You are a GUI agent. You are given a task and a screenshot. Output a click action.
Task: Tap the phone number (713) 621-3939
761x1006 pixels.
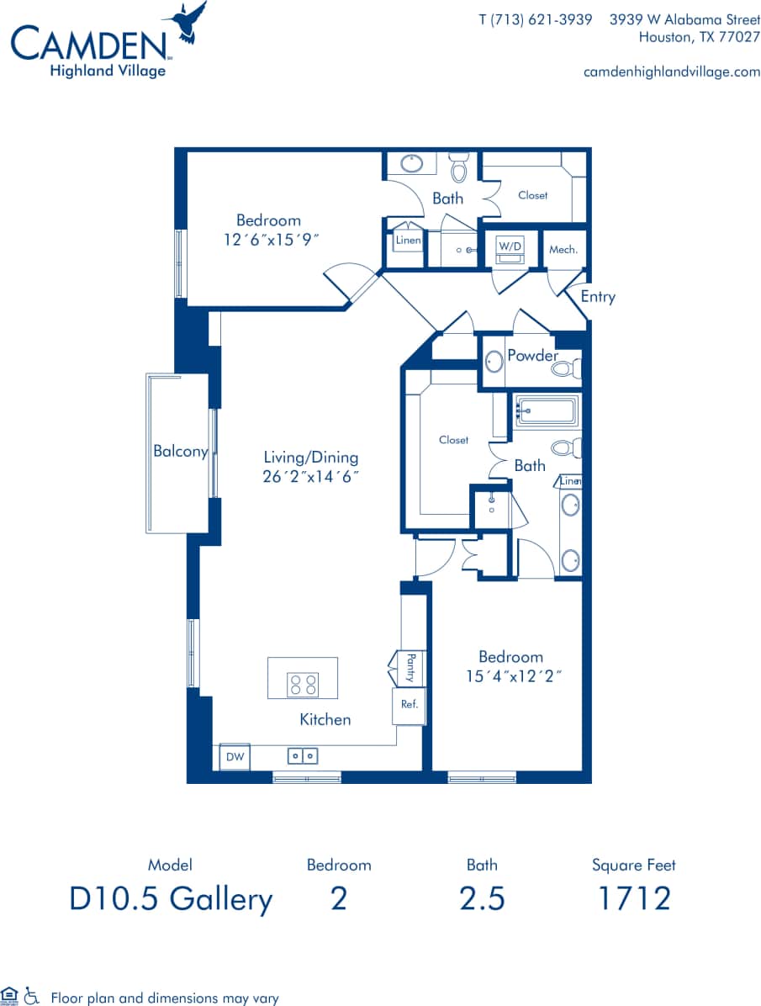[535, 19]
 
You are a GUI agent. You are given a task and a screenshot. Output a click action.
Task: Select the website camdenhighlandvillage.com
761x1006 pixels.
[671, 71]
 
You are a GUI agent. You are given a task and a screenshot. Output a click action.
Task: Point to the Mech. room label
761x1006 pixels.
[563, 250]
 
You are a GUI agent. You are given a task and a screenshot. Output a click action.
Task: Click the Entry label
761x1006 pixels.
[598, 297]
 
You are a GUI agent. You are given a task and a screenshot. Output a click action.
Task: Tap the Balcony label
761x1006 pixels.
[180, 452]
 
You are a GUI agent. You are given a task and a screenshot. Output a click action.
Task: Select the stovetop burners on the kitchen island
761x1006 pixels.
[303, 685]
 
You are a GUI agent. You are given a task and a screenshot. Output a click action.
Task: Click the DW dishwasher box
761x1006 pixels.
[235, 757]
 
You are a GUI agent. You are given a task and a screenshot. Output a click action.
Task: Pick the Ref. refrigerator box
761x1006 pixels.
[410, 705]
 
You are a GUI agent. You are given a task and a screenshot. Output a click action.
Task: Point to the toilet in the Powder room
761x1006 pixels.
[569, 368]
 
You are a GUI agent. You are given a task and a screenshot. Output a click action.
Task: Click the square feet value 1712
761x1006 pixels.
[633, 898]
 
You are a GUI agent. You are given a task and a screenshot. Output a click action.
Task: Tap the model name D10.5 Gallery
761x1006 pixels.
[171, 898]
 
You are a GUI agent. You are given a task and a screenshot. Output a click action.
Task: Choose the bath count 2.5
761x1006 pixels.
[482, 898]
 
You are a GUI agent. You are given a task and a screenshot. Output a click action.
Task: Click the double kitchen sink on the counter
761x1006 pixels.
[303, 756]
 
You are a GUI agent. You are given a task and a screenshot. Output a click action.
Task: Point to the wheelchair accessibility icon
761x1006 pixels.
[32, 997]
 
